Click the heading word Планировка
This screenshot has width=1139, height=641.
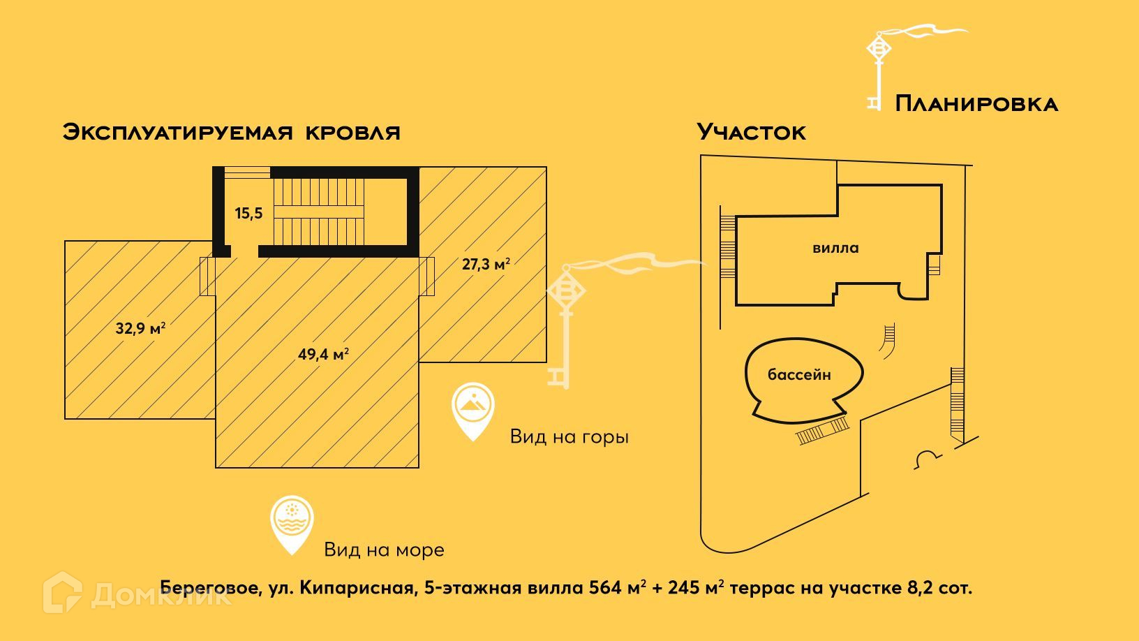[x=976, y=104]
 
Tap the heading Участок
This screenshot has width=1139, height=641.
[x=752, y=132]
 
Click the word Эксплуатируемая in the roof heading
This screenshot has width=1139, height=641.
[x=178, y=132]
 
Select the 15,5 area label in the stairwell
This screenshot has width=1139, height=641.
[x=248, y=214]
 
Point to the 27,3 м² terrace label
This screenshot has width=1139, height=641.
[x=486, y=264]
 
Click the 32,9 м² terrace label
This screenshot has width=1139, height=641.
[x=140, y=327]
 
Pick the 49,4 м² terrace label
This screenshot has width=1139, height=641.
[x=323, y=354]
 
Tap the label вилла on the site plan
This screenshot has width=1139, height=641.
[x=835, y=248]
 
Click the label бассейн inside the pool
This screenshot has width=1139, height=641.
[x=799, y=375]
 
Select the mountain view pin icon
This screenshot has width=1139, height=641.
[x=472, y=408]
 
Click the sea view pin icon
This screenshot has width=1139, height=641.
[x=292, y=523]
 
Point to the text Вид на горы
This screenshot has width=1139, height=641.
[x=569, y=437]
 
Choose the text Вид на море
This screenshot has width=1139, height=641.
[x=384, y=550]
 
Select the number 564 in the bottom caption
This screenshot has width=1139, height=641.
[x=605, y=588]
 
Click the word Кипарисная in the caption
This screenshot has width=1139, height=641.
[x=357, y=588]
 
